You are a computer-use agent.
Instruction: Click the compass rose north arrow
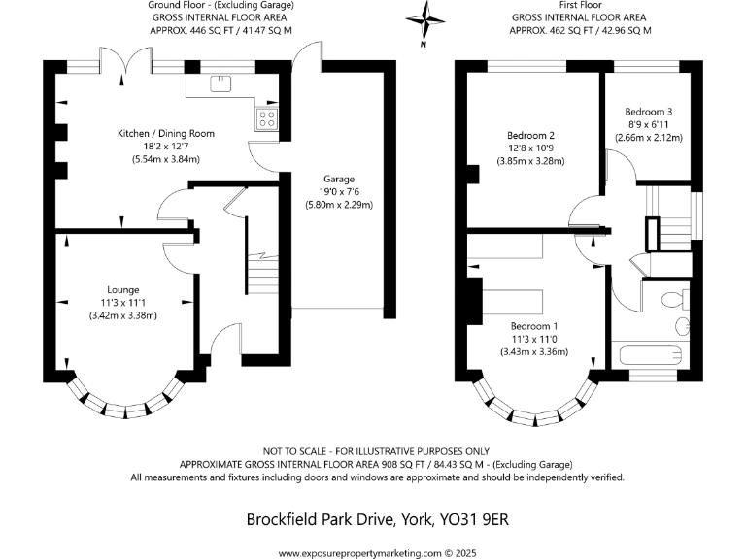coord(423,19)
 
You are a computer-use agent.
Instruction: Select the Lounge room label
coord(123,289)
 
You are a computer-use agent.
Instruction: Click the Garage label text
coord(339,180)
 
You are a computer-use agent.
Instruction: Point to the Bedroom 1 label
coord(524,326)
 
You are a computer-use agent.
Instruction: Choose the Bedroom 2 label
coord(530,135)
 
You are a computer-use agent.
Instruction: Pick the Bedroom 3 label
coord(649,112)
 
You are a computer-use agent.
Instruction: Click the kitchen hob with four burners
coord(266,119)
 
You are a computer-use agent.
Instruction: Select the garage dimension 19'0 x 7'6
coord(339,192)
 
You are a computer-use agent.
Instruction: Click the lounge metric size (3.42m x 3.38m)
coord(123,314)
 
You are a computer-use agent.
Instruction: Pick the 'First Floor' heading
coord(580,6)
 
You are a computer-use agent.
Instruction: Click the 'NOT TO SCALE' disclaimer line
coord(377,451)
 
